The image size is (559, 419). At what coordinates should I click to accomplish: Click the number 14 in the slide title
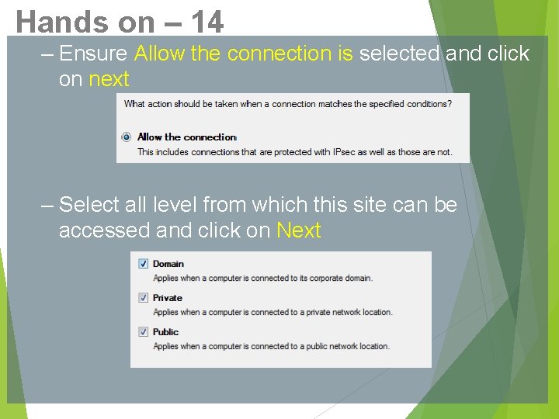(207, 22)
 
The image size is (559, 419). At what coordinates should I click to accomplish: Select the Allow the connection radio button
(127, 137)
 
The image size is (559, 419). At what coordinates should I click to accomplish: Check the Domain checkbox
(143, 264)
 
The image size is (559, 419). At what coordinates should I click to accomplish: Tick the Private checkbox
(143, 298)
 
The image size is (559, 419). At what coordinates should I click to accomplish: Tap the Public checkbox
(143, 332)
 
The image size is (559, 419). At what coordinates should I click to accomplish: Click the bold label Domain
(168, 264)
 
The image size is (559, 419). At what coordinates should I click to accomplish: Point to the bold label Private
(168, 298)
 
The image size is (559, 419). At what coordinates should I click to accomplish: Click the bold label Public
(166, 332)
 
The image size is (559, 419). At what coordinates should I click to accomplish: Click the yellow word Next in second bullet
(299, 230)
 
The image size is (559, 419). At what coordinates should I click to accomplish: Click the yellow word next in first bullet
(109, 79)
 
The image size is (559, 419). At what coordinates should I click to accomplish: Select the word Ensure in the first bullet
(93, 54)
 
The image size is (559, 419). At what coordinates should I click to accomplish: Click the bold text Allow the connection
(186, 137)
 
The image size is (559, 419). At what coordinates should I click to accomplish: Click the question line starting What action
(286, 104)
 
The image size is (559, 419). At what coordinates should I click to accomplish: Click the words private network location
(345, 312)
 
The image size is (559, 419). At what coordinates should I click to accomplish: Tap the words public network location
(343, 346)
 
